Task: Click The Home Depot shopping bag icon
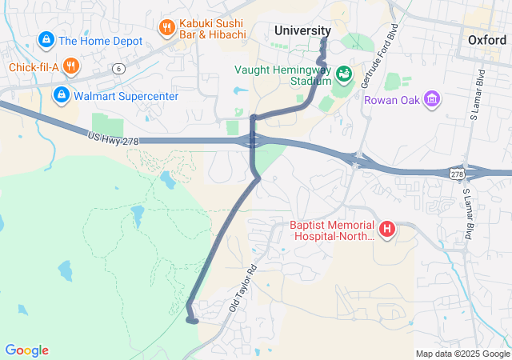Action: pyautogui.click(x=46, y=39)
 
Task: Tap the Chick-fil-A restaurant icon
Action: pyautogui.click(x=71, y=66)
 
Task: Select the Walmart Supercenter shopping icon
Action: pyautogui.click(x=61, y=96)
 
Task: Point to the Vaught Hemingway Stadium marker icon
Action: pyautogui.click(x=344, y=74)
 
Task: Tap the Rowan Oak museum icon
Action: pyautogui.click(x=432, y=99)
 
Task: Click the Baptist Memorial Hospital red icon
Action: pyautogui.click(x=387, y=230)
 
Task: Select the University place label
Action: pyautogui.click(x=302, y=30)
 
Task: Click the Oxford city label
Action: pyautogui.click(x=487, y=40)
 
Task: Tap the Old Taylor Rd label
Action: pyautogui.click(x=242, y=288)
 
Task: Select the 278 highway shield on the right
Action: pyautogui.click(x=456, y=174)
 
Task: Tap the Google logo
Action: pyautogui.click(x=26, y=350)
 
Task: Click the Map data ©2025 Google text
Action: pyautogui.click(x=462, y=354)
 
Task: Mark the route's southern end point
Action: pyautogui.click(x=194, y=320)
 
